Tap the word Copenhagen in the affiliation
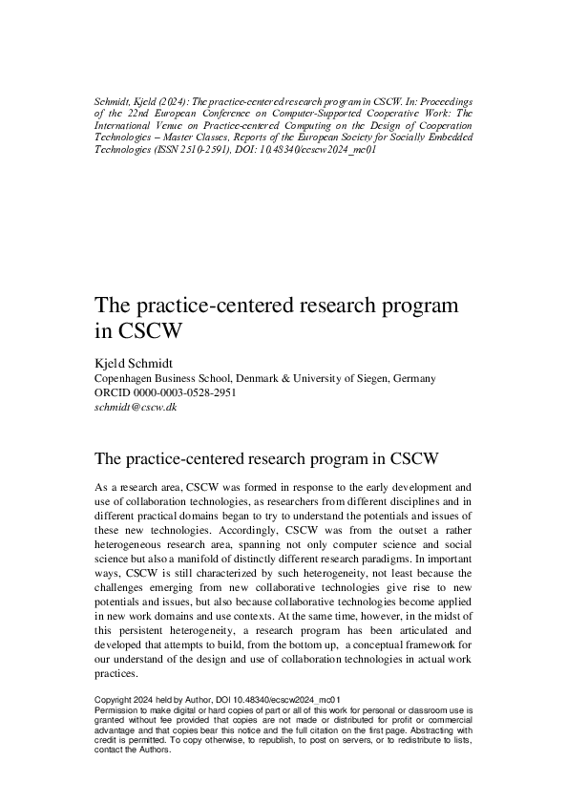(128, 378)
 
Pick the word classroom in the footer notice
(408, 712)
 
